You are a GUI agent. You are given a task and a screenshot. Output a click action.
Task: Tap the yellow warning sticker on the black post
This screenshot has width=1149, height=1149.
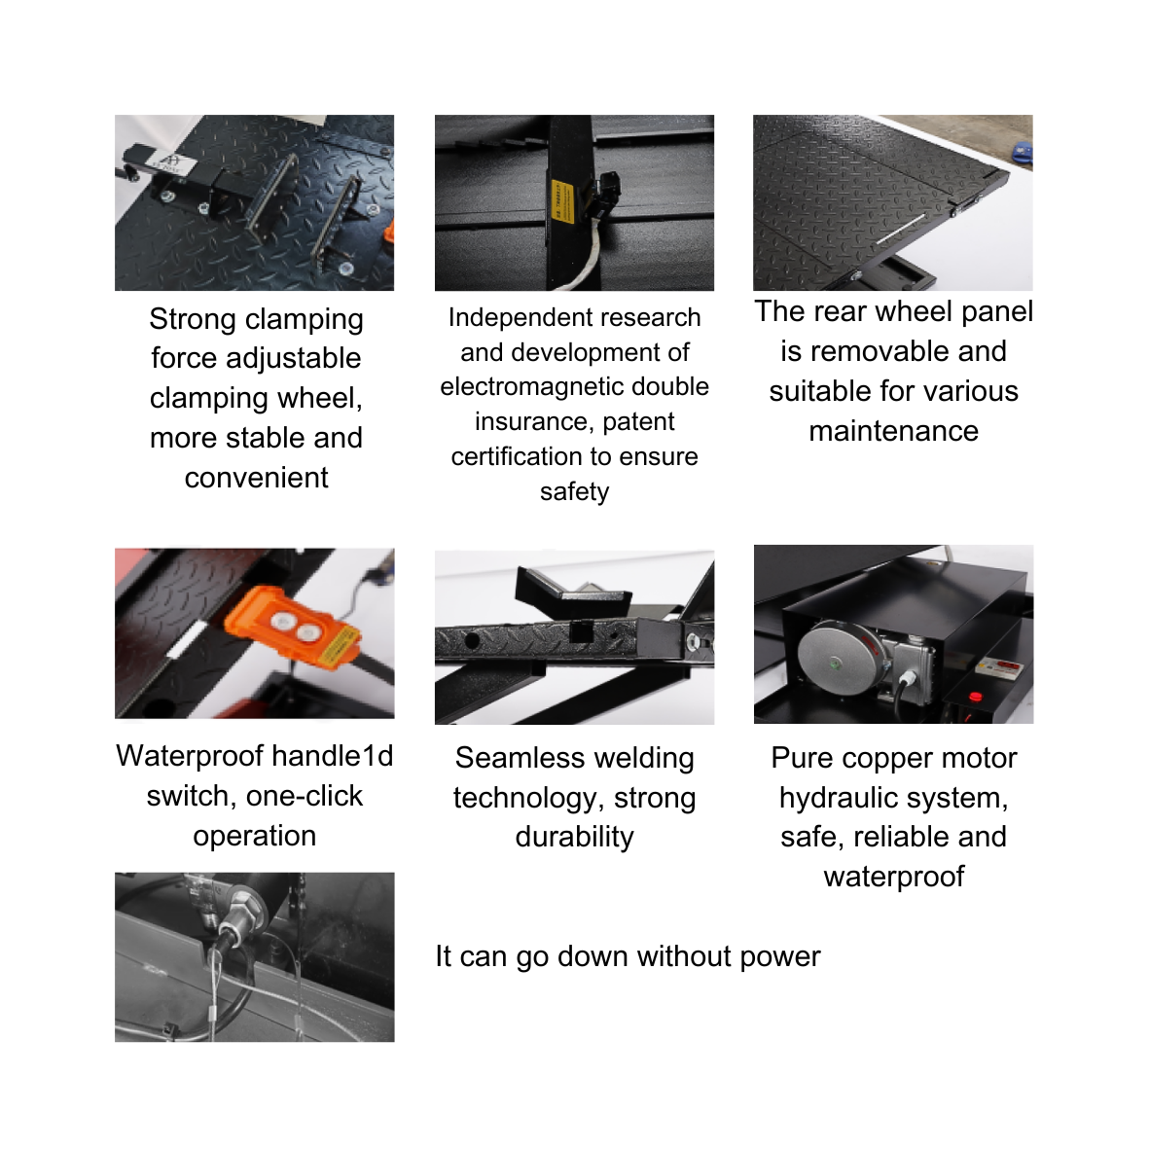[x=561, y=201]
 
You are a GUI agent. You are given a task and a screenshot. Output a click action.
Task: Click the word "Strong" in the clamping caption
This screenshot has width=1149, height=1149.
[x=193, y=319]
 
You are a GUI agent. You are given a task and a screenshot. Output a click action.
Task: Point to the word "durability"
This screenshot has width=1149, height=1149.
[x=574, y=837]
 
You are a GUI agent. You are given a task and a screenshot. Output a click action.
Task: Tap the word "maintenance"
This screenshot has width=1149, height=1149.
[x=893, y=431]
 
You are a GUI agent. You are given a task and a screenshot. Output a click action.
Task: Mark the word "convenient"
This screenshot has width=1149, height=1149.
[x=257, y=478]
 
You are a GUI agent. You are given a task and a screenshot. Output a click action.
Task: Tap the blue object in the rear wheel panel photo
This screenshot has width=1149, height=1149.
[x=1023, y=152]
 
